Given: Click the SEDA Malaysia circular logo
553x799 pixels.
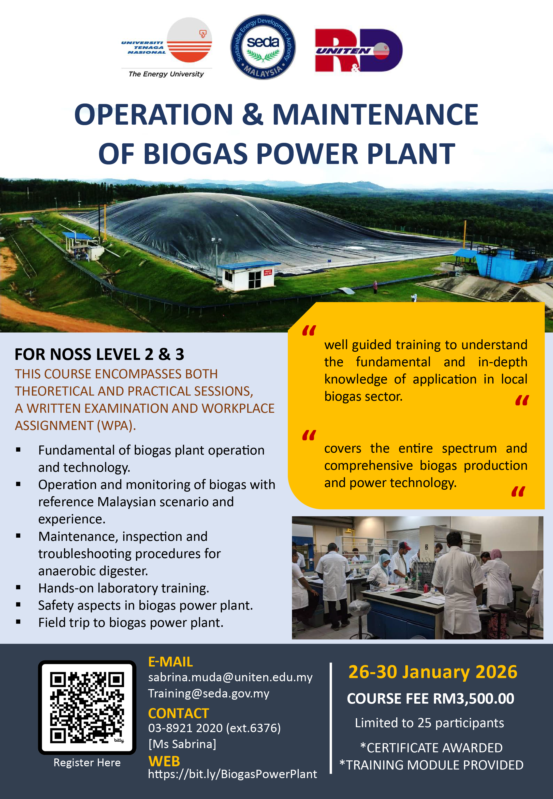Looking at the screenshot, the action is (263, 47).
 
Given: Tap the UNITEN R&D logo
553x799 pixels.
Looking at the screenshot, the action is (359, 50).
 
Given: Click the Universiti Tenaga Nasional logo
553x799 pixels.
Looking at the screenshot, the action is (166, 47).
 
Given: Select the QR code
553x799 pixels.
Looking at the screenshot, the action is (87, 708).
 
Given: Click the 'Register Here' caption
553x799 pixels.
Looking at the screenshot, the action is (87, 763).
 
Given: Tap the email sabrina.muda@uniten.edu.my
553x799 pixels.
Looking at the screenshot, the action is (231, 677).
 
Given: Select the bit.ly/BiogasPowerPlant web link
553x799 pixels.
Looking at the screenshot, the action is (233, 774).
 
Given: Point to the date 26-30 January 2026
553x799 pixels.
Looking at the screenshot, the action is (433, 672).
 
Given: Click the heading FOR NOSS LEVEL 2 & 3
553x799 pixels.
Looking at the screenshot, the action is (100, 354).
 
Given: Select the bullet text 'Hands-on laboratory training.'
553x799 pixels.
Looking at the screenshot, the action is (124, 588).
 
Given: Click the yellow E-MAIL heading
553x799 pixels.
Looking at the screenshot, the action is (171, 662).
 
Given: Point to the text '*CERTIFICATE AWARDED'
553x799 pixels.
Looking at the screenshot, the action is (431, 748).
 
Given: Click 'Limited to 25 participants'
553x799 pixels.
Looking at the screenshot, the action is (429, 723).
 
